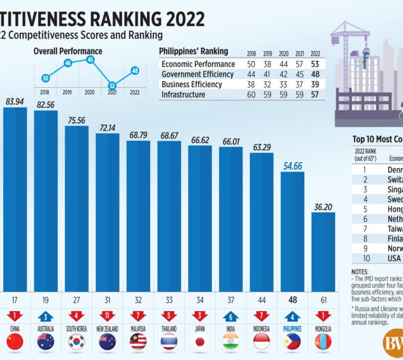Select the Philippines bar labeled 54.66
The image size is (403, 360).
[292, 231]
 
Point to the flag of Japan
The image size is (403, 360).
[200, 342]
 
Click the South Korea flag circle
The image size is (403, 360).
[77, 342]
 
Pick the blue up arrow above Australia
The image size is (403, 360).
[46, 317]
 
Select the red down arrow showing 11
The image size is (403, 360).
[108, 317]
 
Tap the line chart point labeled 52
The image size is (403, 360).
[112, 86]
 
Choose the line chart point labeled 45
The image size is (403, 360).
[90, 59]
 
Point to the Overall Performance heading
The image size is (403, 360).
[68, 51]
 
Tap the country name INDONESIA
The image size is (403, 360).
[261, 329]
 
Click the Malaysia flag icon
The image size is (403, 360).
[139, 342]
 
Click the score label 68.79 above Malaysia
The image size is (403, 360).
[139, 135]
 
